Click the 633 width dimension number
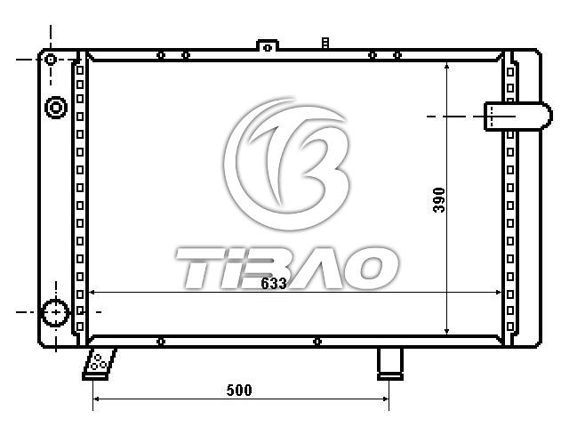pyautogui.click(x=274, y=283)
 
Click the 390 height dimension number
pyautogui.click(x=439, y=200)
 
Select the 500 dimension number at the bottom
pyautogui.click(x=239, y=391)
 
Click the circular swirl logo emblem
pyautogui.click(x=286, y=164)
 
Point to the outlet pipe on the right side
pyautogui.click(x=518, y=117)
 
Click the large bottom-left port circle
pyautogui.click(x=55, y=312)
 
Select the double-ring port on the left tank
pyautogui.click(x=55, y=108)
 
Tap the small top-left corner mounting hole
pyautogui.click(x=51, y=60)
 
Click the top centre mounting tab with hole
pyautogui.click(x=268, y=46)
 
